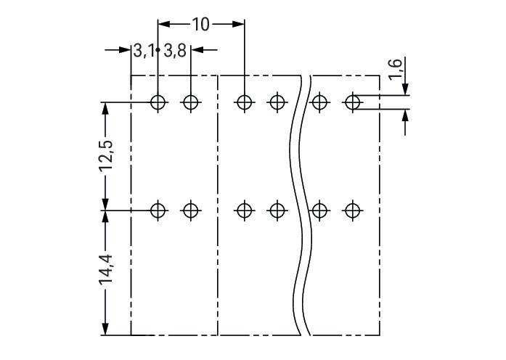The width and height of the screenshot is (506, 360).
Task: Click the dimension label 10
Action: pyautogui.click(x=200, y=25)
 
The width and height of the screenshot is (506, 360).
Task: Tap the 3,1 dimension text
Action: pyautogui.click(x=143, y=51)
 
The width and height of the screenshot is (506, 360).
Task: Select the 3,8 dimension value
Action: pyautogui.click(x=175, y=51)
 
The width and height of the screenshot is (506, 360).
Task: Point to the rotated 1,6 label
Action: pyautogui.click(x=396, y=68)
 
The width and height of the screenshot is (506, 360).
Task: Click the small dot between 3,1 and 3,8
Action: pyautogui.click(x=158, y=49)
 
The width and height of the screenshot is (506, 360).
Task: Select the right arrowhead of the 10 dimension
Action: pyautogui.click(x=238, y=24)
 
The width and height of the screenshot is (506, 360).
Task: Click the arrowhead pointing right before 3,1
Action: pyautogui.click(x=125, y=49)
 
